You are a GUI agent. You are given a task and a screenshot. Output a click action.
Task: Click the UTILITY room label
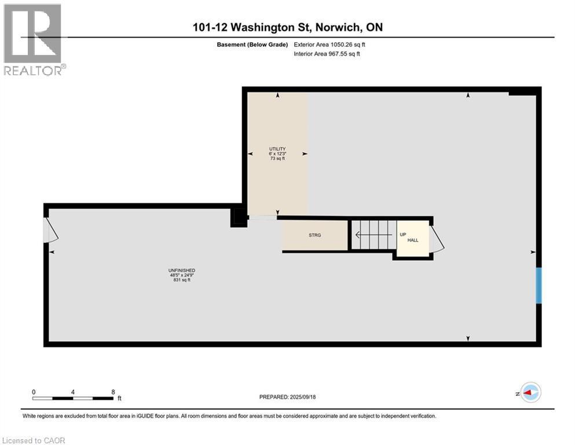(x=277, y=149)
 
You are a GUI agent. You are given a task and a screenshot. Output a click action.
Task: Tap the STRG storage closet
(x=314, y=235)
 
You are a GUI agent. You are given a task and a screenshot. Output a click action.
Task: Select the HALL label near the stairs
(x=412, y=240)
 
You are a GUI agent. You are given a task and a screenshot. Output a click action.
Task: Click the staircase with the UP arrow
(x=372, y=235)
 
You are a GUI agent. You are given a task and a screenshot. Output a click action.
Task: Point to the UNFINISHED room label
(x=181, y=271)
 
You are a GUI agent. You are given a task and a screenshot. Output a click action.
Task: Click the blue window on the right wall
(x=539, y=285)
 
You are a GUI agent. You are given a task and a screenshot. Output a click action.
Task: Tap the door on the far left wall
(x=50, y=231)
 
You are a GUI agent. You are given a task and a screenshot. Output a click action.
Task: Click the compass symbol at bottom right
(x=529, y=393)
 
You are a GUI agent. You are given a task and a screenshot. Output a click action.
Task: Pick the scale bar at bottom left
(x=73, y=398)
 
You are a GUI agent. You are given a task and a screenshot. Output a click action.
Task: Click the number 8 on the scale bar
(x=112, y=392)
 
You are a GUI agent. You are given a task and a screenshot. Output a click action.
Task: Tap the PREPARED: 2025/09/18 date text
(x=287, y=397)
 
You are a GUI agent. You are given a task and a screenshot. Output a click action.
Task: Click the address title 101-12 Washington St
(x=288, y=27)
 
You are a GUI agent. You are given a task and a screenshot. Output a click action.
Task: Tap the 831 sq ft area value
(x=181, y=280)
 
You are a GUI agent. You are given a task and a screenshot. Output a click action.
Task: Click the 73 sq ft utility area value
(x=277, y=158)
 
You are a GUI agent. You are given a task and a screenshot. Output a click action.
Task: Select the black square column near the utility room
(x=238, y=218)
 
